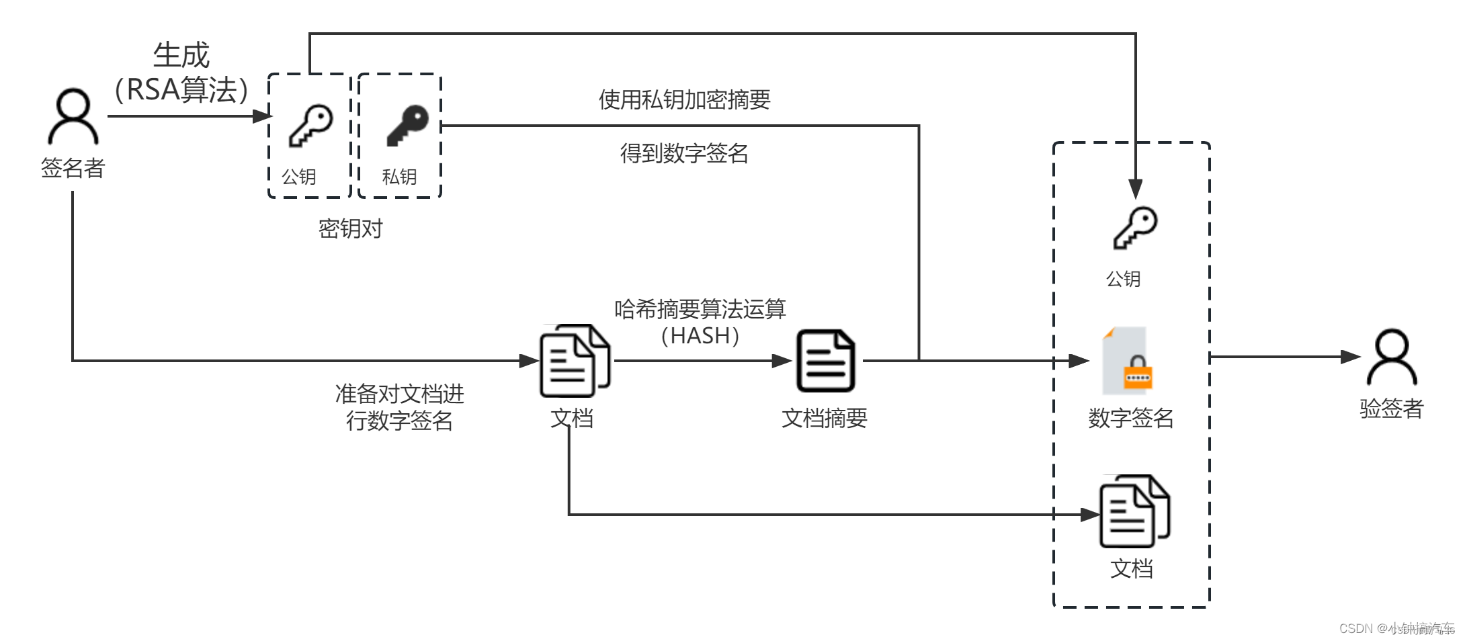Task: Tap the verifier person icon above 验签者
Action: [1391, 357]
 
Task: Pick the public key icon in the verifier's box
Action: [1135, 228]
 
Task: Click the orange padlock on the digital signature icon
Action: [1138, 373]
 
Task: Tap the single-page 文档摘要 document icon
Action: [825, 361]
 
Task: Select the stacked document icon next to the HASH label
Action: [575, 361]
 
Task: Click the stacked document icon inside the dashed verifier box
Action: [1134, 511]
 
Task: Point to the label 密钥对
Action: [350, 229]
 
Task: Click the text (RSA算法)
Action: [181, 89]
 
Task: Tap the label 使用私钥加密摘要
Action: [684, 100]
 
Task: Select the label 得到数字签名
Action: [684, 154]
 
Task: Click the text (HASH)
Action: [700, 336]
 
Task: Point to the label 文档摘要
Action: [825, 419]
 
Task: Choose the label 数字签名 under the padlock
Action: [1131, 419]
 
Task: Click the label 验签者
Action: [1391, 409]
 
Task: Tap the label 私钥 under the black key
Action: [399, 177]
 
